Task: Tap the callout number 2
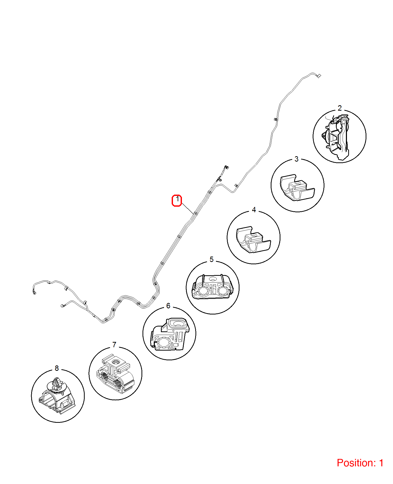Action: (340, 108)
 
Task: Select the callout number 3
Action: (297, 159)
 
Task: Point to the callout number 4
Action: (254, 210)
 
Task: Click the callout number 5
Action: (212, 259)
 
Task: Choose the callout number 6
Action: (168, 306)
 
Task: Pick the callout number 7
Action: (114, 345)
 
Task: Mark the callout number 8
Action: (57, 368)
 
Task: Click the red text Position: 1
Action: (360, 463)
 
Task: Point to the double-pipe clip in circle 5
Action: (212, 287)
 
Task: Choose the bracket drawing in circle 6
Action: (170, 334)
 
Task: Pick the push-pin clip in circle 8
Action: (57, 395)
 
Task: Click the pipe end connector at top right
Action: (319, 76)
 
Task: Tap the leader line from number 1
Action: (188, 209)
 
